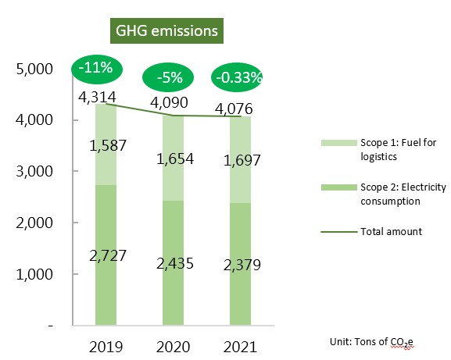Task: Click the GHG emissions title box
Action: (x=166, y=30)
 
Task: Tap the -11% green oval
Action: (x=97, y=70)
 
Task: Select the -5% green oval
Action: (x=168, y=77)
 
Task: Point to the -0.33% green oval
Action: (x=236, y=77)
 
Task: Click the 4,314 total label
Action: (x=97, y=97)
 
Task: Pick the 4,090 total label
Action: (x=169, y=102)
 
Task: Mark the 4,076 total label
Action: (x=234, y=109)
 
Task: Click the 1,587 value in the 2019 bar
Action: (x=108, y=145)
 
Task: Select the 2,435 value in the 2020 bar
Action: (x=175, y=263)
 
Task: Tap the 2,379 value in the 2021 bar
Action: (x=242, y=265)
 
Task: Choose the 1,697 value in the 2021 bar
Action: (x=242, y=160)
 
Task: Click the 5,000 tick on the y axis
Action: (x=34, y=70)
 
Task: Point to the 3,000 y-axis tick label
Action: (x=34, y=172)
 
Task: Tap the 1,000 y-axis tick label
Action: (x=34, y=274)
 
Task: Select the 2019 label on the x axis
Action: (x=106, y=347)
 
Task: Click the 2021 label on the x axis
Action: (x=240, y=347)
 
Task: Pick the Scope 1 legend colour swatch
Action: (x=339, y=143)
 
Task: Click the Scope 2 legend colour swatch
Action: (x=339, y=187)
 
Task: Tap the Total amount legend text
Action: (x=391, y=232)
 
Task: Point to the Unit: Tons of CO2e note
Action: (x=371, y=342)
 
